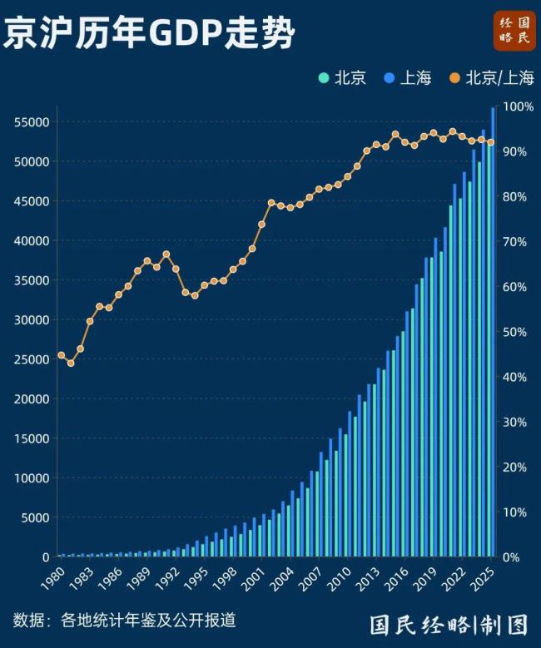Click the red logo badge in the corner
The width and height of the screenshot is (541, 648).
514,31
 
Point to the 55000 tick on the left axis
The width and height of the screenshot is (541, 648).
32,122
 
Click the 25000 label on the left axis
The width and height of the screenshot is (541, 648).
32,359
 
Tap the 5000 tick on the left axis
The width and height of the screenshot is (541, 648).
35,517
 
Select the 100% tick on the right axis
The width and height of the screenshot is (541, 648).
518,107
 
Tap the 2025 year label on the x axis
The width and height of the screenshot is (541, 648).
479,576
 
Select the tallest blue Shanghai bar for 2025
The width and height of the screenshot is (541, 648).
494,333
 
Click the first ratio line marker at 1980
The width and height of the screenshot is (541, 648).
61,355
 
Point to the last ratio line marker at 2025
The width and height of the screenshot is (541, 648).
490,142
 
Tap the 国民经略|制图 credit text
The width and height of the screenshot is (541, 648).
449,623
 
